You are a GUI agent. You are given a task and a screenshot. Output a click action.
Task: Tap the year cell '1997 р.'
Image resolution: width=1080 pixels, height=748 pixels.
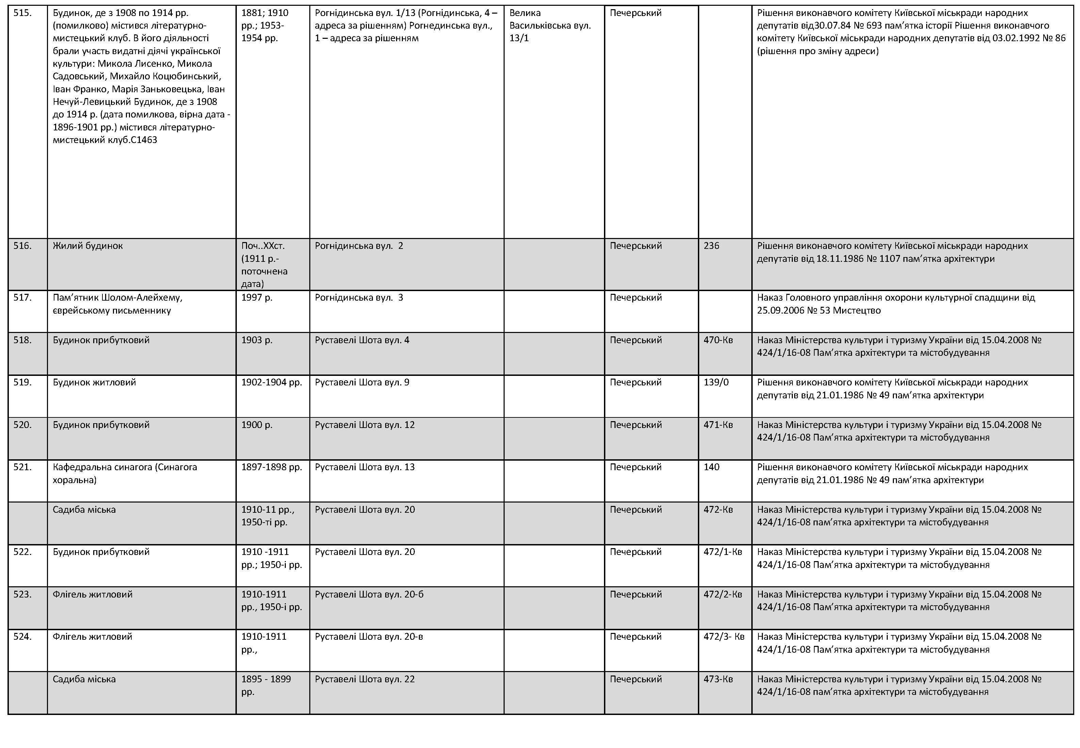(x=257, y=298)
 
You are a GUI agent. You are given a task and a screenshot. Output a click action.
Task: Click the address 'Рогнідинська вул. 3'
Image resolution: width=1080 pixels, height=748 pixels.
(x=359, y=298)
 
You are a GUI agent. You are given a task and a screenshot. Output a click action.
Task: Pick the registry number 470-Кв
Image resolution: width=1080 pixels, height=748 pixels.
(x=718, y=340)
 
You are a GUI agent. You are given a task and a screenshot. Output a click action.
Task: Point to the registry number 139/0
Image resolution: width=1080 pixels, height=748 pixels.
(x=716, y=382)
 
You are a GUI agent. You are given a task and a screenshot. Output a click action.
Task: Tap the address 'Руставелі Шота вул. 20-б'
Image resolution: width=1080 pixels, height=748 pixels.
(x=369, y=594)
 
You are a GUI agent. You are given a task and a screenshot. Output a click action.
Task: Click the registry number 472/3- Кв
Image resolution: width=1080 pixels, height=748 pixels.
(x=724, y=636)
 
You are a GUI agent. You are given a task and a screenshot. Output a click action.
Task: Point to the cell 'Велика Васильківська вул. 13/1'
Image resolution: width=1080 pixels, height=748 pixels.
(x=550, y=25)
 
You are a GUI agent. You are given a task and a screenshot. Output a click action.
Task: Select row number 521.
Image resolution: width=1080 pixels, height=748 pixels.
(x=22, y=467)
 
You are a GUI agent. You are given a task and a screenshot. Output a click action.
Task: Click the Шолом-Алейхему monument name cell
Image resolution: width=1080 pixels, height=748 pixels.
(x=117, y=304)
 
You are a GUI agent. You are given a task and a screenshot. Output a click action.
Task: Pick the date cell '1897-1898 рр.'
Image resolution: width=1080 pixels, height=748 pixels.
(x=272, y=467)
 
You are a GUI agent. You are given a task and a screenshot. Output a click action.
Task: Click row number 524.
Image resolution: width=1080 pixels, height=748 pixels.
(x=22, y=636)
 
